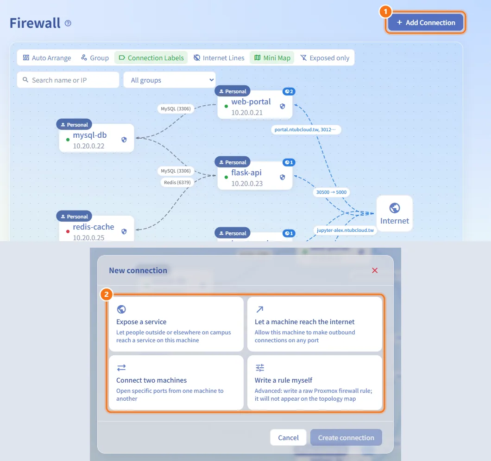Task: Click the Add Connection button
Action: (426, 23)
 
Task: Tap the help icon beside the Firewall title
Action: (68, 23)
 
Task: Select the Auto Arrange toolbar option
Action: (47, 58)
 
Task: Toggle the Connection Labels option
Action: (151, 58)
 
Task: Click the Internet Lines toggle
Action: (219, 58)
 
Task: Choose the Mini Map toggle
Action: (272, 58)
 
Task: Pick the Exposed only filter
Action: (325, 58)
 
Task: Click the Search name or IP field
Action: (68, 80)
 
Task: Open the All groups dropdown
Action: (170, 80)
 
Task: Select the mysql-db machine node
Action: (96, 138)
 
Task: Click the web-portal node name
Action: (251, 102)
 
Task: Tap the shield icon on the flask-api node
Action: (283, 177)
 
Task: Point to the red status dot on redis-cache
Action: (68, 231)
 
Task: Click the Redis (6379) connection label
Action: (177, 182)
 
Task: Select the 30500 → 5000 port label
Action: (331, 192)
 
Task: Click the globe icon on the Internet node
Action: (395, 208)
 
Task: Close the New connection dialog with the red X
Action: (375, 270)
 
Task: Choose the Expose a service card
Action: (176, 324)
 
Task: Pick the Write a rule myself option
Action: (315, 383)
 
